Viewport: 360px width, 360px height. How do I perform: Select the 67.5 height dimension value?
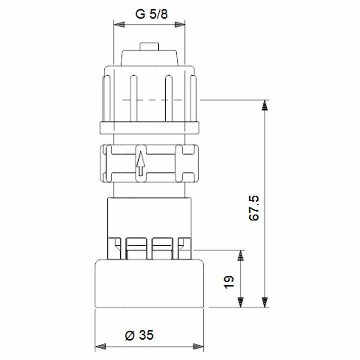[x=254, y=207]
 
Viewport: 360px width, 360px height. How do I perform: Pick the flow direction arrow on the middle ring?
[x=140, y=164]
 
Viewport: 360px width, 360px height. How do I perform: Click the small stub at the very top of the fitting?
[x=149, y=46]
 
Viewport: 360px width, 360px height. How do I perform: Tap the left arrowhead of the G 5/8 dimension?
[x=117, y=25]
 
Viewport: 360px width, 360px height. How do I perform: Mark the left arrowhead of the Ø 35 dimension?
[x=99, y=346]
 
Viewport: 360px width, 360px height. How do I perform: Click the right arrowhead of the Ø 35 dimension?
[x=200, y=346]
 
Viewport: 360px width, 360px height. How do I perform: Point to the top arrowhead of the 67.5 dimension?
[x=265, y=105]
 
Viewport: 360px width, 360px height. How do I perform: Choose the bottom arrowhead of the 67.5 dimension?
[x=265, y=302]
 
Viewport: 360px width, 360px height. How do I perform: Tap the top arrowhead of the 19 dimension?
[x=241, y=256]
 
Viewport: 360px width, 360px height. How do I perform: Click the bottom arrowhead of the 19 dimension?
[x=241, y=302]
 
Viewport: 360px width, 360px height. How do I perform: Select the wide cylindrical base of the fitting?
[x=150, y=283]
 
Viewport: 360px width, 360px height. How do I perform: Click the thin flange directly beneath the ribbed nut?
[x=149, y=127]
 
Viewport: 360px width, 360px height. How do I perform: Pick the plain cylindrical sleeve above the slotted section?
[x=149, y=216]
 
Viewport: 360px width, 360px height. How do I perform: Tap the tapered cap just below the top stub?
[x=149, y=57]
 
